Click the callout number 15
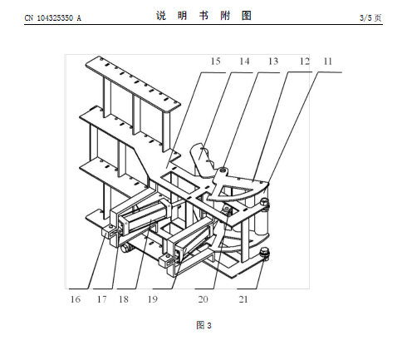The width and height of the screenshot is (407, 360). point(216,62)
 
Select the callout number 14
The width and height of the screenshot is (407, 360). point(244,62)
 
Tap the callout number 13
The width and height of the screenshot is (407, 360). point(273,62)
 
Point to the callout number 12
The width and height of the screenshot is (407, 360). point(305,62)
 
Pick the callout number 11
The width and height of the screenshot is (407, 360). point(328,62)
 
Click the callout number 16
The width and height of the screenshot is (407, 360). point(76,299)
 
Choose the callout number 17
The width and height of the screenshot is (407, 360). point(101,299)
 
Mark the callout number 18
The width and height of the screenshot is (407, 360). point(124,299)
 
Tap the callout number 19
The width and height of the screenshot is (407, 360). point(153,299)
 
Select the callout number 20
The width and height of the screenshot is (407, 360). point(203,299)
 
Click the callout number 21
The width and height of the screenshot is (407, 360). point(243,299)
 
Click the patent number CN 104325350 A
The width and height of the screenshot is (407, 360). point(53,18)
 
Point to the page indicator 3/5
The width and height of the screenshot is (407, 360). point(365,18)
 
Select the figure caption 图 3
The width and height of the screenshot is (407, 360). point(203,325)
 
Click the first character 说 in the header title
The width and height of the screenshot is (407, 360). point(161,16)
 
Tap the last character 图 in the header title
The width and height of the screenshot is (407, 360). point(247,16)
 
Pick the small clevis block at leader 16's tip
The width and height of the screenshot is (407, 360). point(110,232)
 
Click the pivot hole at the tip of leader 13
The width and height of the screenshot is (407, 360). point(223,169)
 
